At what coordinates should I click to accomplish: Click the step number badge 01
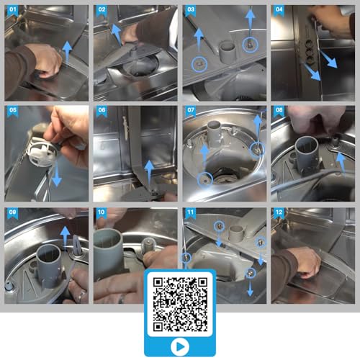(x=12, y=12)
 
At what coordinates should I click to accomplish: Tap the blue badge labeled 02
(x=102, y=12)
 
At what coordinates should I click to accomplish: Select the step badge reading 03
(x=191, y=12)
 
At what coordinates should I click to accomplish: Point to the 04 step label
(x=279, y=12)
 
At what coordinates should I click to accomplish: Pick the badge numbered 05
(x=12, y=112)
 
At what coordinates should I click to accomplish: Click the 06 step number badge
(x=102, y=112)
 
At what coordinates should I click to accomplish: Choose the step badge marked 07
(x=191, y=112)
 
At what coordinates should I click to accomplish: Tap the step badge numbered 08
(x=279, y=112)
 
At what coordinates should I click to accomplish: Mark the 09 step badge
(x=12, y=214)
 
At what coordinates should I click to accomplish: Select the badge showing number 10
(x=102, y=214)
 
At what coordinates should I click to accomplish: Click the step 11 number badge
(x=191, y=214)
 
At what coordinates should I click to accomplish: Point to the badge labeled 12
(x=279, y=214)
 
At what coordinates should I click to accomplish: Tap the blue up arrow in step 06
(x=148, y=171)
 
